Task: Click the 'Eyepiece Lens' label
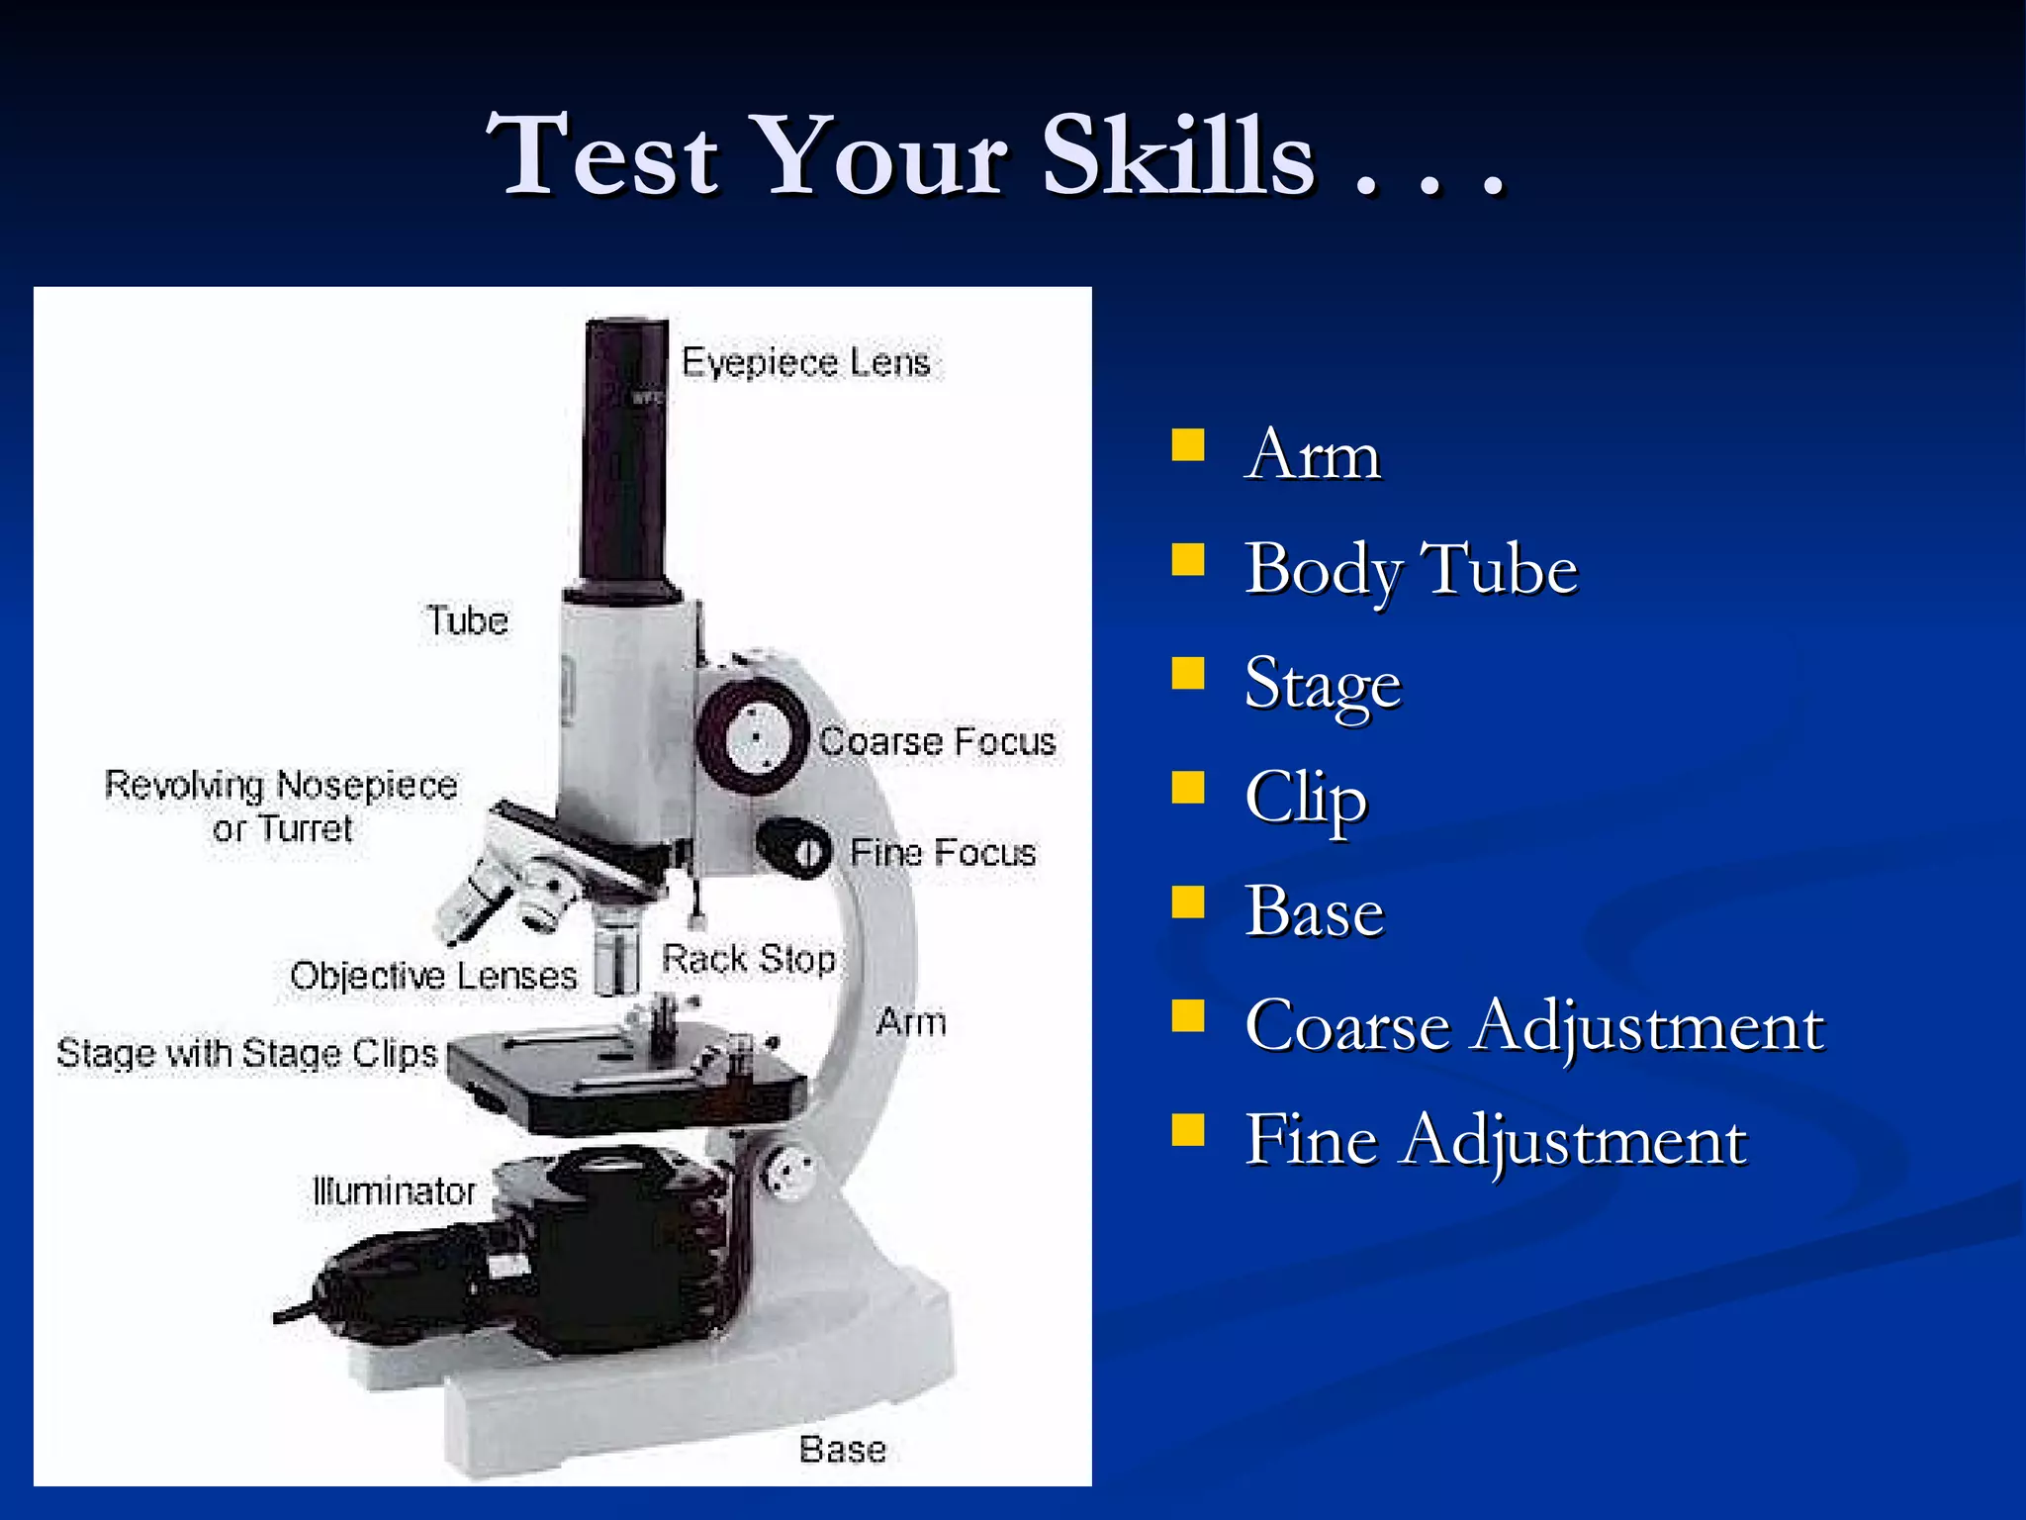805,363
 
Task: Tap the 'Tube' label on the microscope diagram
467,621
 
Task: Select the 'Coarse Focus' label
937,742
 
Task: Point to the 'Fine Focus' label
942,853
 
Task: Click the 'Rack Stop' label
748,959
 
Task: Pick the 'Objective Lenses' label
433,977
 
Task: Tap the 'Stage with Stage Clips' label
246,1053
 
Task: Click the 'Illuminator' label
394,1191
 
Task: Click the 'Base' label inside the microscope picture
842,1450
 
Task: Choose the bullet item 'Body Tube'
1411,570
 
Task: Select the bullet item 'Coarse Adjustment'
1533,1026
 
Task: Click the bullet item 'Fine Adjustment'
1496,1140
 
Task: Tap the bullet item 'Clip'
1306,798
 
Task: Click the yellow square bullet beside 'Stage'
1188,674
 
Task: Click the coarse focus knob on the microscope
756,737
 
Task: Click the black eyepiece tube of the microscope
625,455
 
